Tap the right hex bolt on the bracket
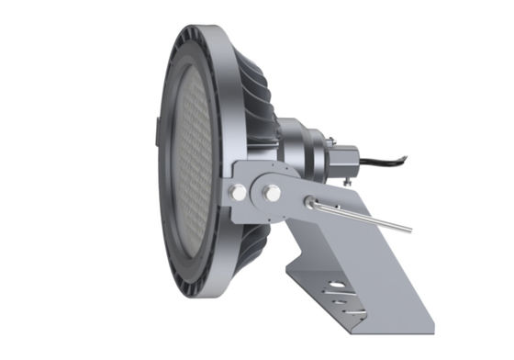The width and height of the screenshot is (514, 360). (272, 193)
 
